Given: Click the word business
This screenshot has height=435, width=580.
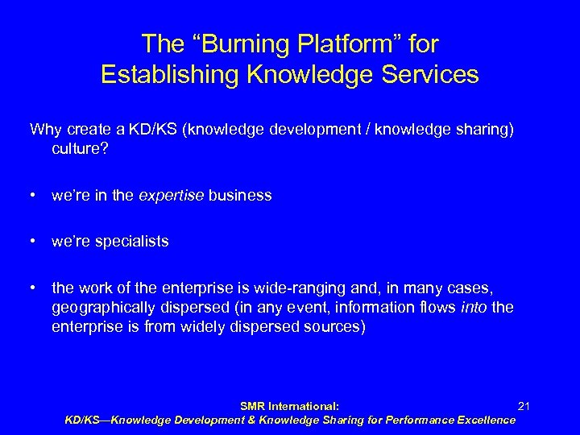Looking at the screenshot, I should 241,196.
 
